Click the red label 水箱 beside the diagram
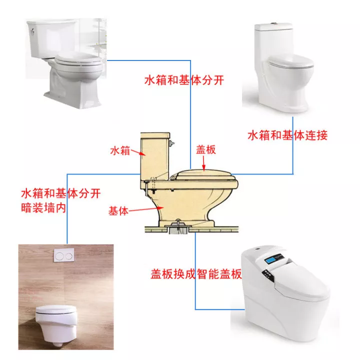pos(120,150)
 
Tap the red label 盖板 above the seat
pos(205,149)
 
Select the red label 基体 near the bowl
pos(118,211)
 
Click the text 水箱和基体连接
pos(287,135)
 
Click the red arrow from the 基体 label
pos(145,209)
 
